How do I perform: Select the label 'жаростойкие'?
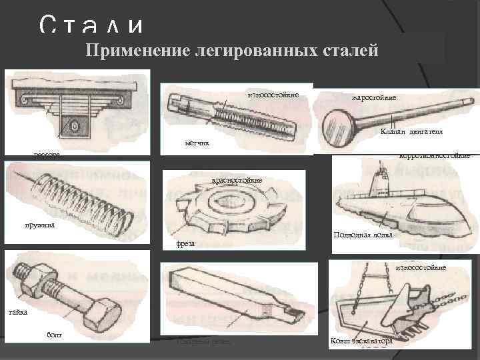(373, 98)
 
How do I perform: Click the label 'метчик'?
(197, 143)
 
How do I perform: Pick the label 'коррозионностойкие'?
(434, 155)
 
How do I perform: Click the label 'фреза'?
(186, 244)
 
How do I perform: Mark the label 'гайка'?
(18, 312)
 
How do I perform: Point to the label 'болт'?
(55, 334)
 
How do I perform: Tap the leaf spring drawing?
(73, 100)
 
